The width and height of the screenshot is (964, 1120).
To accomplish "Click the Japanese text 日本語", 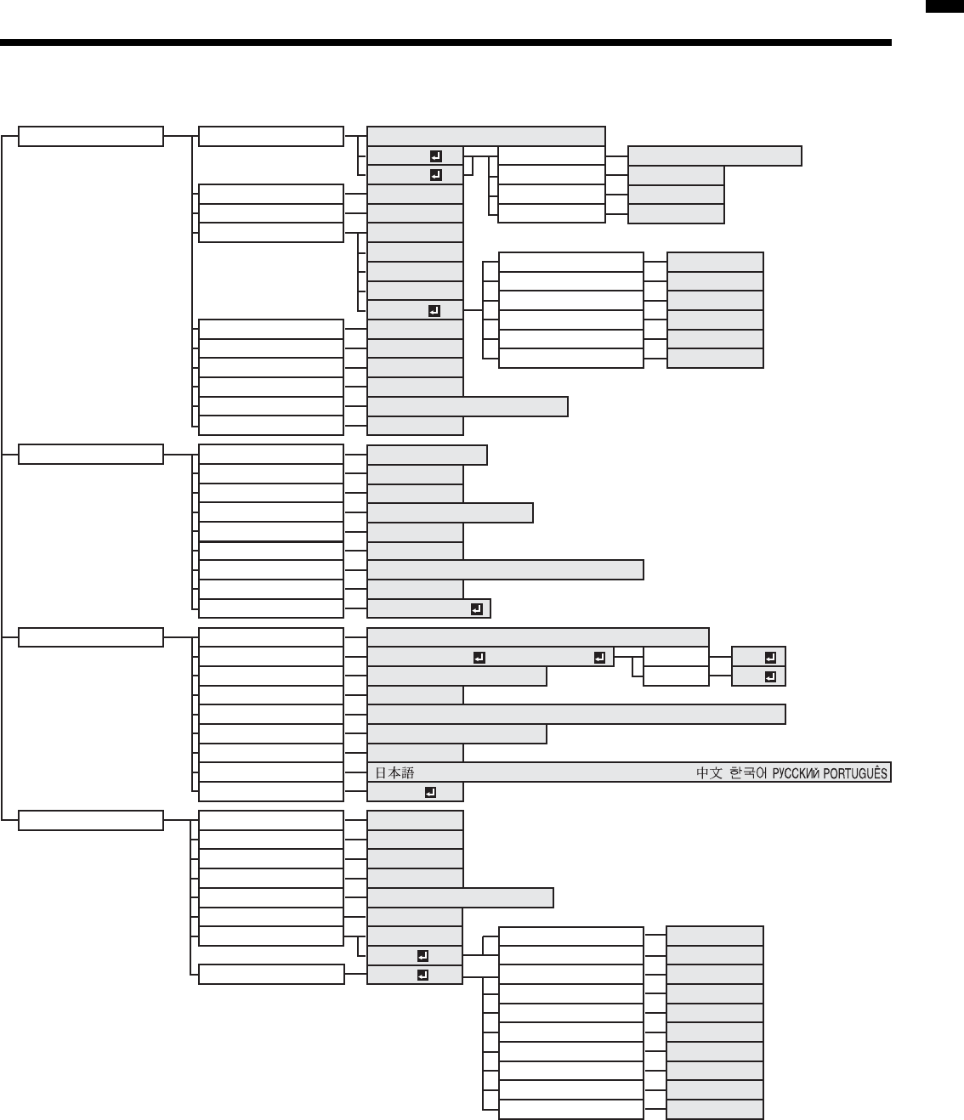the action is (394, 773).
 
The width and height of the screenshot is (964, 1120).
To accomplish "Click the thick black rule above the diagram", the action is (445, 42).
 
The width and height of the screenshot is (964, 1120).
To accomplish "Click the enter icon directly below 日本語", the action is (430, 793).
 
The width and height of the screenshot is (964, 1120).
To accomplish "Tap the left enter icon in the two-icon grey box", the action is (479, 657).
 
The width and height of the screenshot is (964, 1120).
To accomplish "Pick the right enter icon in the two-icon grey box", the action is (599, 657).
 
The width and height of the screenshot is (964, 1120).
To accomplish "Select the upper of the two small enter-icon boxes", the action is (770, 657).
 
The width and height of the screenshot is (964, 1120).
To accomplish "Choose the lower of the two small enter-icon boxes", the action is (770, 676).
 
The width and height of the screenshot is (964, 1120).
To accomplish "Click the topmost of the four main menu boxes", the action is (91, 136).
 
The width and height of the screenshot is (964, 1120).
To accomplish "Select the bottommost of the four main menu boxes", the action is (91, 820).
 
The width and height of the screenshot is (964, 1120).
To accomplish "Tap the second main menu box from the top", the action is (91, 454).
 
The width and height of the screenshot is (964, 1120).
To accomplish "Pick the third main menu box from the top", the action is (91, 637).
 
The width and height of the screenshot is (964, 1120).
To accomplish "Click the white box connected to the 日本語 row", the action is (271, 772).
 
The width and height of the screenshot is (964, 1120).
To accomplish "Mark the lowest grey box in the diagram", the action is (715, 1110).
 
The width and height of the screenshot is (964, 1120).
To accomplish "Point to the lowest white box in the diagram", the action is (570, 1110).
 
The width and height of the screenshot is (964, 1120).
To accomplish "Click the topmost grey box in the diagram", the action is (485, 136).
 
